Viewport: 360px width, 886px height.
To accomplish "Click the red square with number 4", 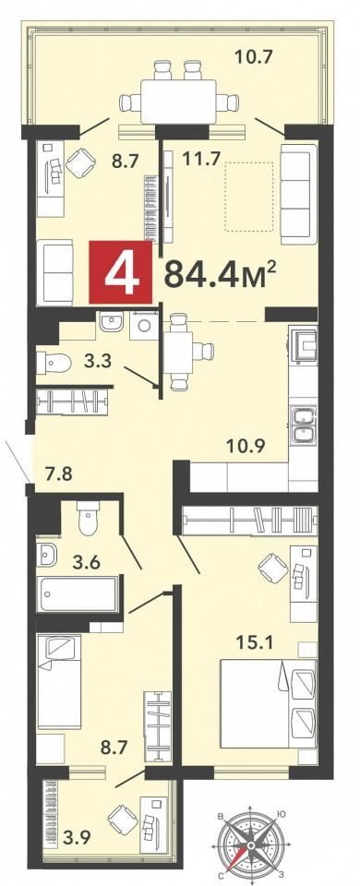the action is pyautogui.click(x=120, y=273).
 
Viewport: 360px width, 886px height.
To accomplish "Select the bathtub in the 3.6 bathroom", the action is pyautogui.click(x=78, y=594).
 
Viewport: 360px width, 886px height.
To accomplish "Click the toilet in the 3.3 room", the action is pyautogui.click(x=54, y=363).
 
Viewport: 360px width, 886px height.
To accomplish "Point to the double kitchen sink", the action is pyautogui.click(x=304, y=425).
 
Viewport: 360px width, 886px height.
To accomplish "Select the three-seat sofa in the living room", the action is pyautogui.click(x=298, y=194).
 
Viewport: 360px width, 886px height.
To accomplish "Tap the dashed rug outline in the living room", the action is pyautogui.click(x=249, y=197).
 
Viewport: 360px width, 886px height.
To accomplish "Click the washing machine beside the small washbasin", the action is pyautogui.click(x=143, y=327).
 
